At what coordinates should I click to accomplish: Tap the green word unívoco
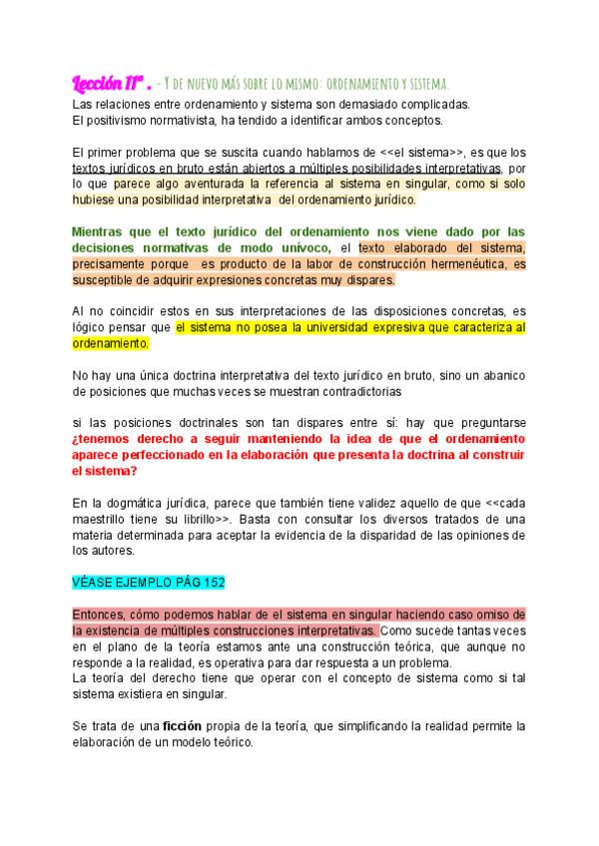pyautogui.click(x=299, y=247)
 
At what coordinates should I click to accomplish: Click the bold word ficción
pyautogui.click(x=190, y=726)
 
